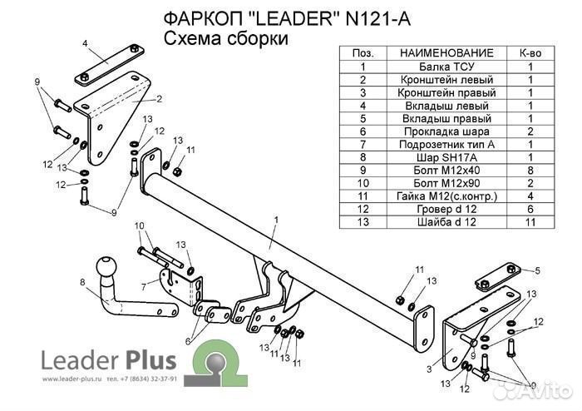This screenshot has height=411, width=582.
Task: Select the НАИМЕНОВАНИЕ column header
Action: (x=446, y=52)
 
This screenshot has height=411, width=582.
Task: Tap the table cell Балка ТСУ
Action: (x=446, y=66)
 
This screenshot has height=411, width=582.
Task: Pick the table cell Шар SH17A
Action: (x=446, y=157)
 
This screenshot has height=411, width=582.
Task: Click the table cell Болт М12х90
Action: (x=446, y=183)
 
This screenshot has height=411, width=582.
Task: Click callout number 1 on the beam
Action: (x=274, y=220)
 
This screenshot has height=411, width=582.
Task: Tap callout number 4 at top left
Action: (x=84, y=43)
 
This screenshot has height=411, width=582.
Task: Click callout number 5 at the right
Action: (x=537, y=270)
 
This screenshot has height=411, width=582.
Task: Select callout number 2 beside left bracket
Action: (x=158, y=99)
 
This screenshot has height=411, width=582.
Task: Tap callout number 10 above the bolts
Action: (x=139, y=225)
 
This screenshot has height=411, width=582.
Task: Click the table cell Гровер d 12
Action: (x=446, y=209)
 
